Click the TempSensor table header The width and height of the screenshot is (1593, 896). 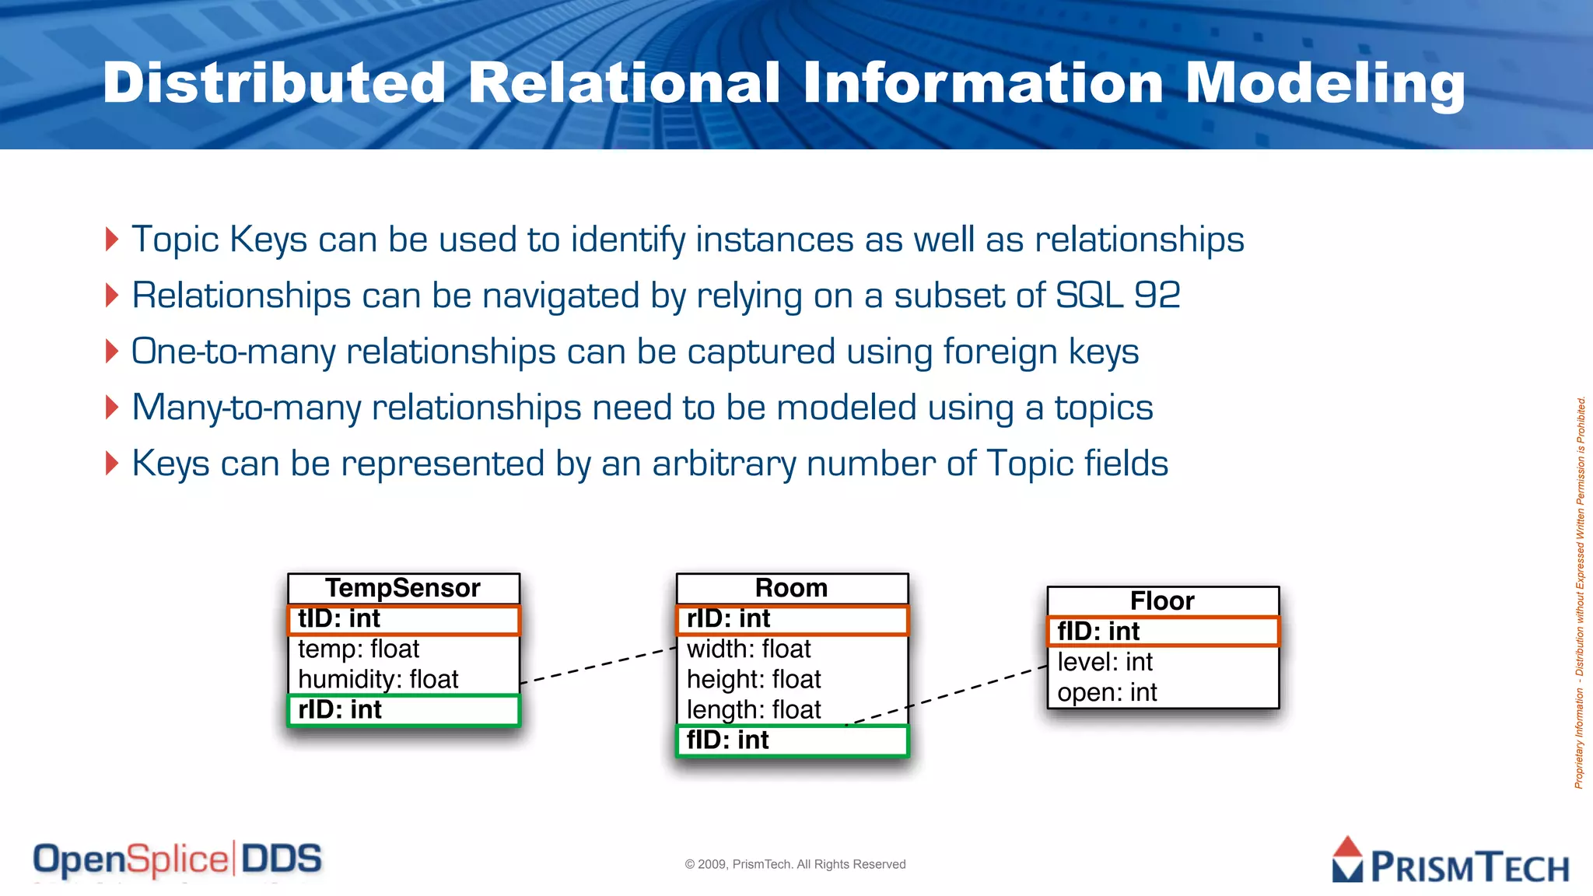pyautogui.click(x=403, y=588)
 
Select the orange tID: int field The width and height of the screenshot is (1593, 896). pyautogui.click(x=403, y=620)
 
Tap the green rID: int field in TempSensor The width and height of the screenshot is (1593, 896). pyautogui.click(x=403, y=710)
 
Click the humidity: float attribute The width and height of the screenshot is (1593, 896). pyautogui.click(x=378, y=679)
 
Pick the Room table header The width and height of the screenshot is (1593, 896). pyautogui.click(x=792, y=588)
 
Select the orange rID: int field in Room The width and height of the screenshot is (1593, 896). pyautogui.click(x=792, y=620)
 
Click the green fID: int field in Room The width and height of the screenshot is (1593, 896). pyautogui.click(x=792, y=740)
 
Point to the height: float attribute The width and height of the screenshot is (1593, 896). pyautogui.click(x=754, y=679)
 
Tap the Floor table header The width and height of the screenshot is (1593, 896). pyautogui.click(x=1162, y=601)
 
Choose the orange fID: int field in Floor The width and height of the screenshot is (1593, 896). pyautogui.click(x=1162, y=632)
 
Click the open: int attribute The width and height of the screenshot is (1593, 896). pyautogui.click(x=1107, y=692)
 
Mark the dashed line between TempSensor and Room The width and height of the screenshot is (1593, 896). pyautogui.click(x=597, y=666)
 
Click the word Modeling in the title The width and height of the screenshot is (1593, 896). pyautogui.click(x=1325, y=83)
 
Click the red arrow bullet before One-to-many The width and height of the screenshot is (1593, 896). pyautogui.click(x=112, y=352)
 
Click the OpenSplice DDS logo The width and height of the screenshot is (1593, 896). pyautogui.click(x=177, y=860)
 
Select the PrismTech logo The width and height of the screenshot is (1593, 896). pyautogui.click(x=1450, y=862)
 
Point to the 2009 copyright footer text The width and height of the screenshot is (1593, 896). pyautogui.click(x=795, y=864)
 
